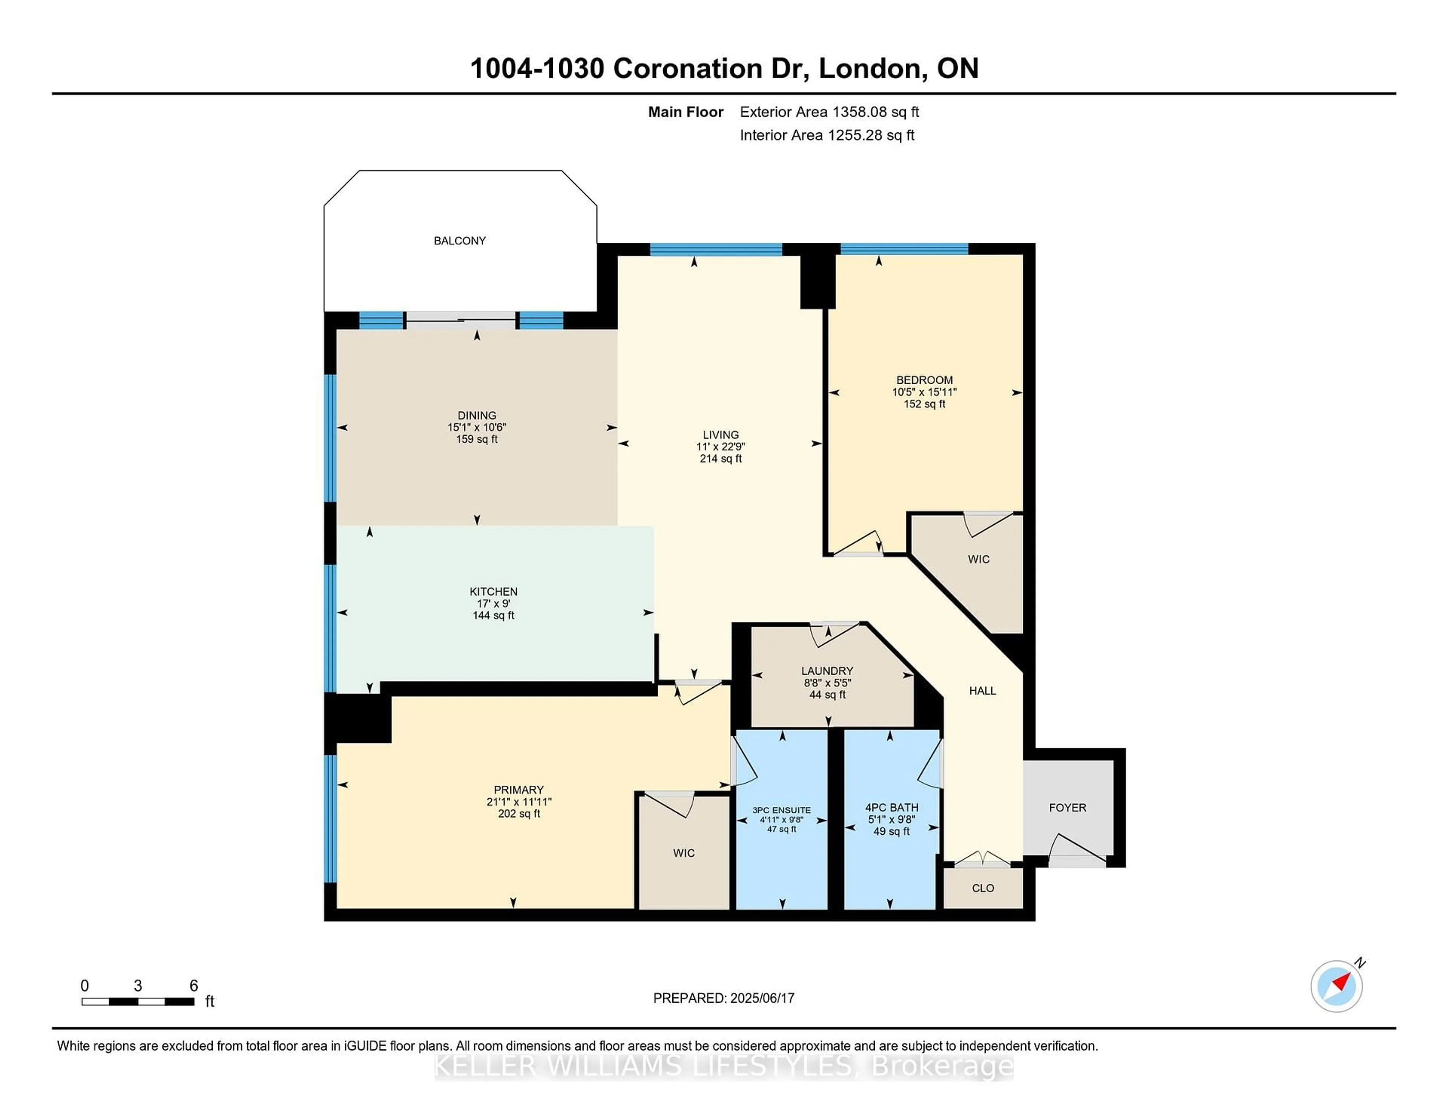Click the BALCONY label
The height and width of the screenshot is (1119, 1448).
click(459, 241)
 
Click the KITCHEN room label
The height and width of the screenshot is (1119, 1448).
click(493, 591)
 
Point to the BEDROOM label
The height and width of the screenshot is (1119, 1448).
click(924, 380)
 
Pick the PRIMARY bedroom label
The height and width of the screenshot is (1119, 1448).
click(518, 789)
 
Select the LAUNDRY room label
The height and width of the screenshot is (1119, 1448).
click(827, 671)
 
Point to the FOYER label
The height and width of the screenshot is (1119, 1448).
click(1068, 808)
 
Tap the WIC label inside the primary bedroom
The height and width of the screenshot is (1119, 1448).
click(684, 853)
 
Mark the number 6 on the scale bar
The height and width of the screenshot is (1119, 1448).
click(193, 985)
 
